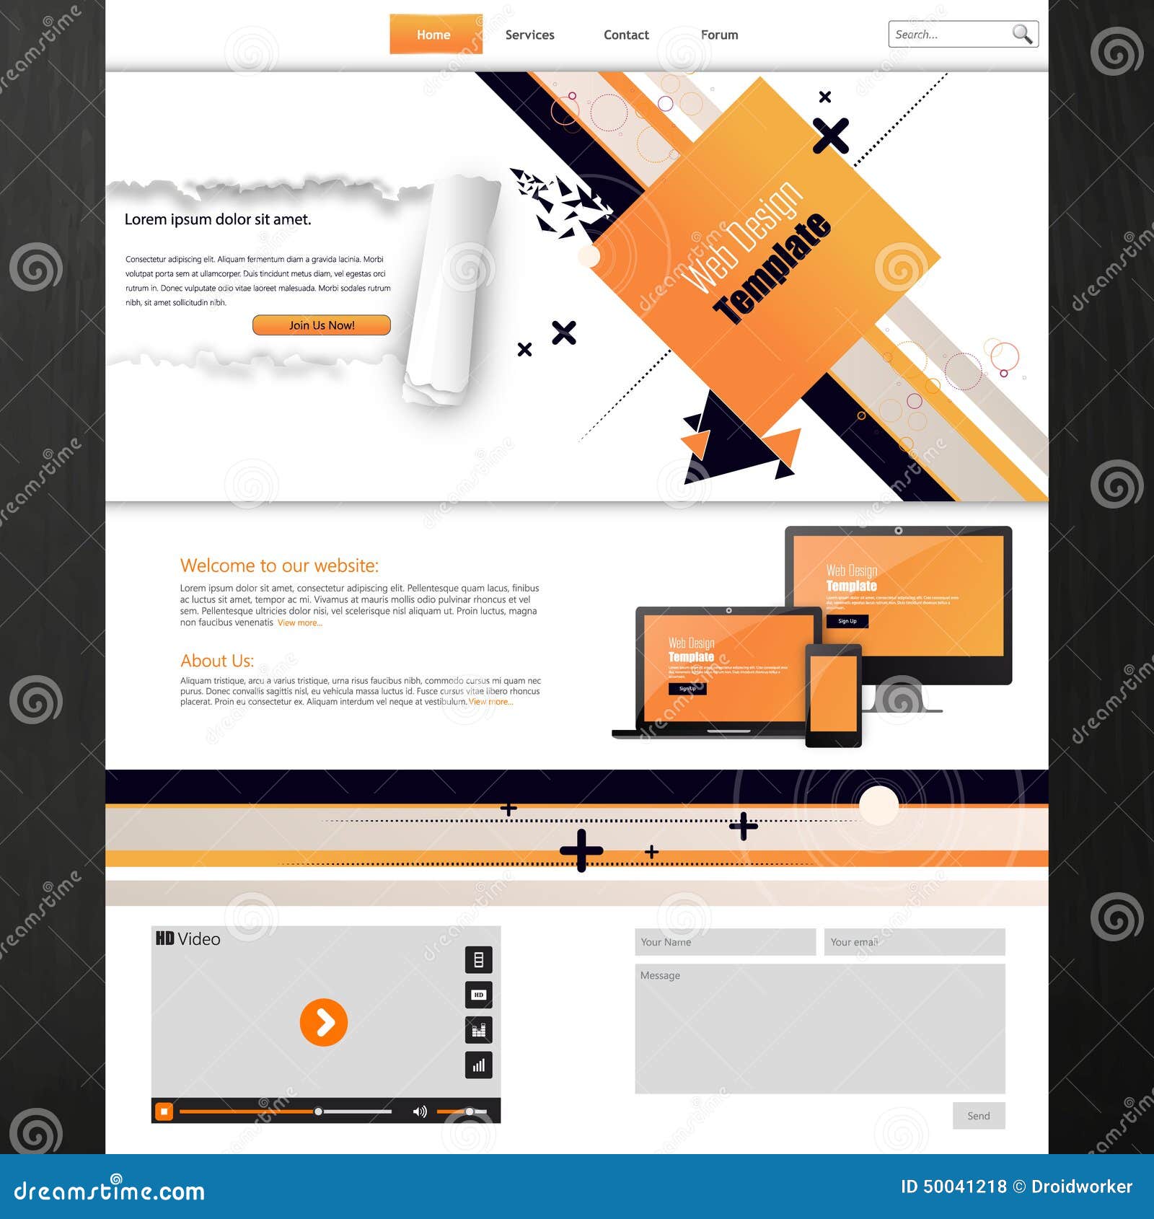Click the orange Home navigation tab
click(x=435, y=35)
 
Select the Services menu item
click(x=529, y=35)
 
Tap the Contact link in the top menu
click(x=626, y=35)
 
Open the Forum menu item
click(x=719, y=35)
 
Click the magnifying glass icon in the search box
click(x=1021, y=34)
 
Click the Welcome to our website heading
click(x=279, y=566)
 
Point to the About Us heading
click(x=217, y=661)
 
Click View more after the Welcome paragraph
click(x=300, y=623)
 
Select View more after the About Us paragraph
click(x=490, y=702)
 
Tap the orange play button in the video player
click(x=323, y=1022)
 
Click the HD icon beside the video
click(x=478, y=995)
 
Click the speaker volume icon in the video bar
click(x=419, y=1112)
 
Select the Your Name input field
click(x=725, y=942)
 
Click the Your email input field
click(x=914, y=942)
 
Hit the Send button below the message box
click(x=978, y=1116)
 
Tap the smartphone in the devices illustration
click(x=833, y=695)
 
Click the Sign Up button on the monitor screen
click(x=847, y=621)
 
